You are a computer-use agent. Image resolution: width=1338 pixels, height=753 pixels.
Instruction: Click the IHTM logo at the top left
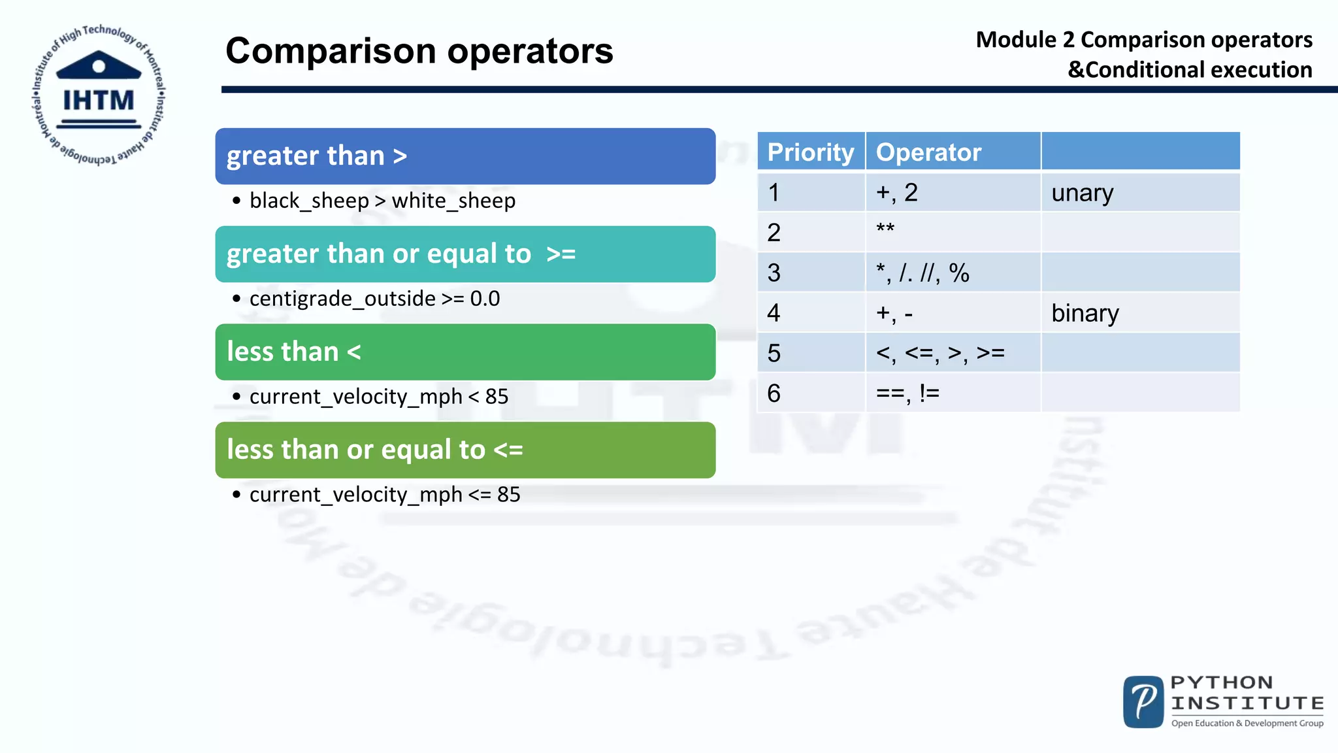pos(98,95)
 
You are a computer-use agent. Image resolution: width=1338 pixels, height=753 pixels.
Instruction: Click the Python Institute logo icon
pos(1143,702)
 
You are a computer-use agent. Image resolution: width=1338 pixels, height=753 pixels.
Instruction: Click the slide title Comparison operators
pos(419,51)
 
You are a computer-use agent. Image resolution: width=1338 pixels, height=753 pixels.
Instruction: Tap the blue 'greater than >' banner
pos(465,156)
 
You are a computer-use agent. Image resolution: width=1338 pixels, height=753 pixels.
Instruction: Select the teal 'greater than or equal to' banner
pos(465,254)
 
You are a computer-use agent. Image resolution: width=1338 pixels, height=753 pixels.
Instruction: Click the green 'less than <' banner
pos(465,352)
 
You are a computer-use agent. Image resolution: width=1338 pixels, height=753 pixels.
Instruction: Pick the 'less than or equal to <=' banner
pos(465,450)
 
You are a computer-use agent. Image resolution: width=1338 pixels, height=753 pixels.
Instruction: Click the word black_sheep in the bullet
pos(309,201)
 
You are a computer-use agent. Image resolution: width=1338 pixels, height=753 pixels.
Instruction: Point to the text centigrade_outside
pos(342,299)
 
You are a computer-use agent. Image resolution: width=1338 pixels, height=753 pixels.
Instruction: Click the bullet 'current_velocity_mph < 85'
pos(378,397)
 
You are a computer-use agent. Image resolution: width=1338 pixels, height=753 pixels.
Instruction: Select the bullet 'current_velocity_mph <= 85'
pos(384,495)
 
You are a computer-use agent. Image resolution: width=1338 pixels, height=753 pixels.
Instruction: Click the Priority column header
pos(811,152)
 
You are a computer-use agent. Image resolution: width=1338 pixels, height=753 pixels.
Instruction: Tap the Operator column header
pos(928,152)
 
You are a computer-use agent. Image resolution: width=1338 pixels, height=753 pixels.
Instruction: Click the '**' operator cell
pos(953,232)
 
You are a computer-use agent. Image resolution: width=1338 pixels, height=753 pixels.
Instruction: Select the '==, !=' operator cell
pos(953,393)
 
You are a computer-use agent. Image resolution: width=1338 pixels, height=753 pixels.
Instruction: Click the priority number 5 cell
pos(811,353)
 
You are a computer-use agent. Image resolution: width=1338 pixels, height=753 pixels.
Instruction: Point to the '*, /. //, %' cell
pos(953,273)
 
